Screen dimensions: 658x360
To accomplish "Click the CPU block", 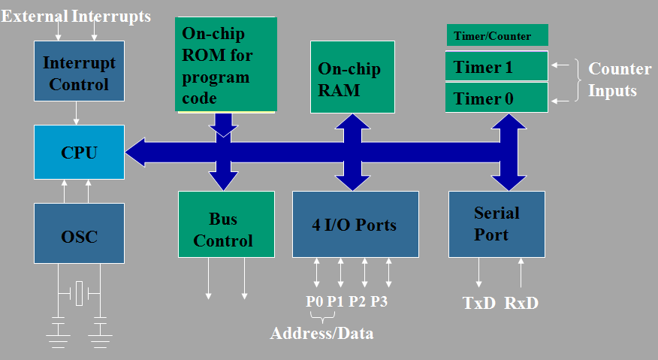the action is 79,152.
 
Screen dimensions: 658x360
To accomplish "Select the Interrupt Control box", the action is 79,71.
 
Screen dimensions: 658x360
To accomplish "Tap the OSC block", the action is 79,234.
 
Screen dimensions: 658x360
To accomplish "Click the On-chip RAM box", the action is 352,77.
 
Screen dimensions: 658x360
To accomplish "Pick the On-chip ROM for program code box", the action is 226,65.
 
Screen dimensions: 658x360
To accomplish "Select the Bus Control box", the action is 226,224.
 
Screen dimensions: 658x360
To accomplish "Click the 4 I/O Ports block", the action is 355,224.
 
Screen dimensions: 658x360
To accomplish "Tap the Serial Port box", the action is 497,224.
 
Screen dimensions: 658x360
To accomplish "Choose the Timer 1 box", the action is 497,66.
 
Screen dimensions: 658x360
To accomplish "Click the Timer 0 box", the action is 497,98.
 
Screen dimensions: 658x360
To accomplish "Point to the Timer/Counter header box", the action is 497,35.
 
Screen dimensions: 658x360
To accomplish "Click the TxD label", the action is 478,303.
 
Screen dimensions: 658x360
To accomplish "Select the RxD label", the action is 521,303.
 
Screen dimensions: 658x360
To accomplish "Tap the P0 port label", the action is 314,301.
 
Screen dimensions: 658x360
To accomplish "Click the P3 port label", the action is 379,301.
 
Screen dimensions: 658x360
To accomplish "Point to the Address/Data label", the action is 322,333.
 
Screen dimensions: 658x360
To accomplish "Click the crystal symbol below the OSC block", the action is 79,293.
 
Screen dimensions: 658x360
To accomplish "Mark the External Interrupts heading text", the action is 76,17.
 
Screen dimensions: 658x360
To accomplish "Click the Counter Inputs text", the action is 620,80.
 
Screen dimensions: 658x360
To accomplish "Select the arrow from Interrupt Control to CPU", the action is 76,113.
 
